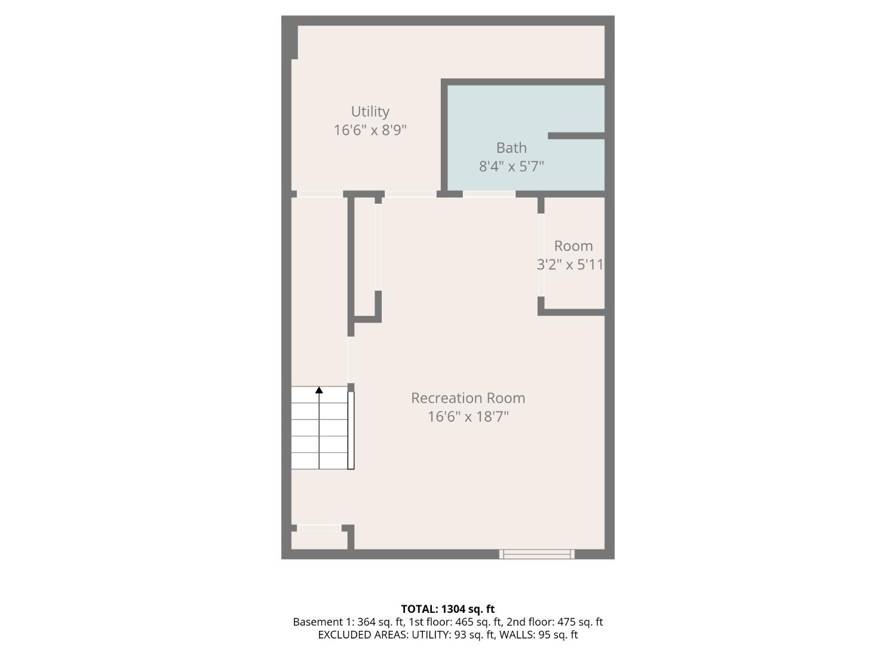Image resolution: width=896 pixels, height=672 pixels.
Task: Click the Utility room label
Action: pos(370,111)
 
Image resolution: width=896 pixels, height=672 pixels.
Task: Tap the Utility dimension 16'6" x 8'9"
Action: pos(370,130)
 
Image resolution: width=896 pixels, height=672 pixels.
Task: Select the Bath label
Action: pos(511,148)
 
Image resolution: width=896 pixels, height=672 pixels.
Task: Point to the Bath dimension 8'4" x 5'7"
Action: pos(511,167)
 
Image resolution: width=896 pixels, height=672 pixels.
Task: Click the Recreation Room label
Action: pos(468,398)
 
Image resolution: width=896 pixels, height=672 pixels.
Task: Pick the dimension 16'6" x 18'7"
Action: pos(468,416)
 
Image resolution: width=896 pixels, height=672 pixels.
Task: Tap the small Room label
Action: pos(573,246)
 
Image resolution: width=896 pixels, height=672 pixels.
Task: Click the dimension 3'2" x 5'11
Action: pos(570,265)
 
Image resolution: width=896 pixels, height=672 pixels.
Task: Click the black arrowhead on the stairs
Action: pos(319,390)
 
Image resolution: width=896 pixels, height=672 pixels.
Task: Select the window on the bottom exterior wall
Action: pos(537,554)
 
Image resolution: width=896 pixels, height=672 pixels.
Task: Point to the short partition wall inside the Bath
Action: pos(576,136)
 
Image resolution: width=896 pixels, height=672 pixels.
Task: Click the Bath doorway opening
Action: pos(489,194)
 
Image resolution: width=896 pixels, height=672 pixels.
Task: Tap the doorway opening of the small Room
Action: pos(541,255)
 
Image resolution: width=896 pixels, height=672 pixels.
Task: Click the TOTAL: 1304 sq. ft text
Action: pos(448,609)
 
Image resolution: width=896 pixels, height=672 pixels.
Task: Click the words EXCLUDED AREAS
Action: pos(363,635)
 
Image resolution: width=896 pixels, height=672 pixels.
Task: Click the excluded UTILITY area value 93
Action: pos(460,635)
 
